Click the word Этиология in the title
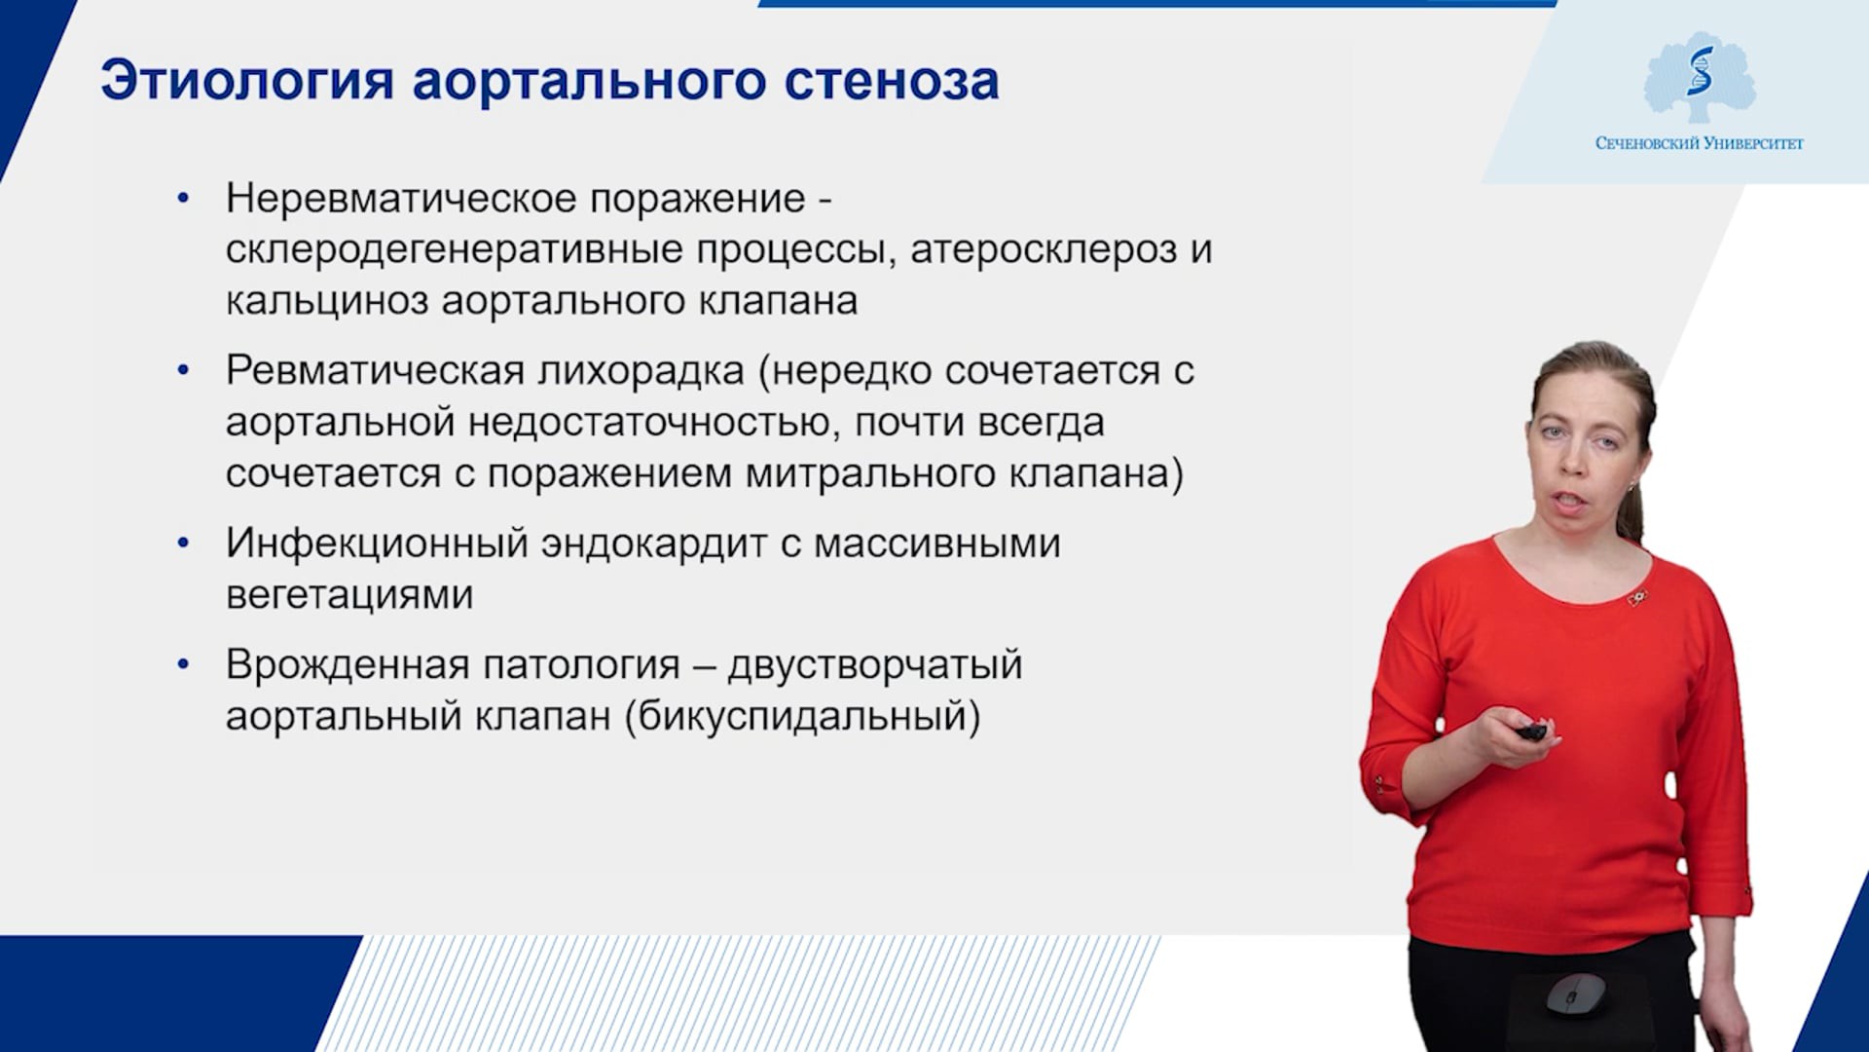tap(247, 81)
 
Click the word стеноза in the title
tap(892, 81)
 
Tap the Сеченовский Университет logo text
tap(1699, 143)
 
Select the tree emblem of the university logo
tap(1700, 79)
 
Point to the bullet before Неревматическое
tap(183, 199)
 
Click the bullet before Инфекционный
tap(183, 544)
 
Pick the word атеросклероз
tap(1044, 250)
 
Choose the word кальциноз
tap(327, 301)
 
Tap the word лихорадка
tap(641, 371)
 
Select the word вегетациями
tap(349, 595)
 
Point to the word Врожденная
tap(348, 665)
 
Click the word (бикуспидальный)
tap(803, 717)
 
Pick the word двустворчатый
tap(875, 666)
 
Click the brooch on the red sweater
tap(1637, 597)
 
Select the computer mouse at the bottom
tap(1576, 995)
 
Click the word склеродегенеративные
tap(557, 250)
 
